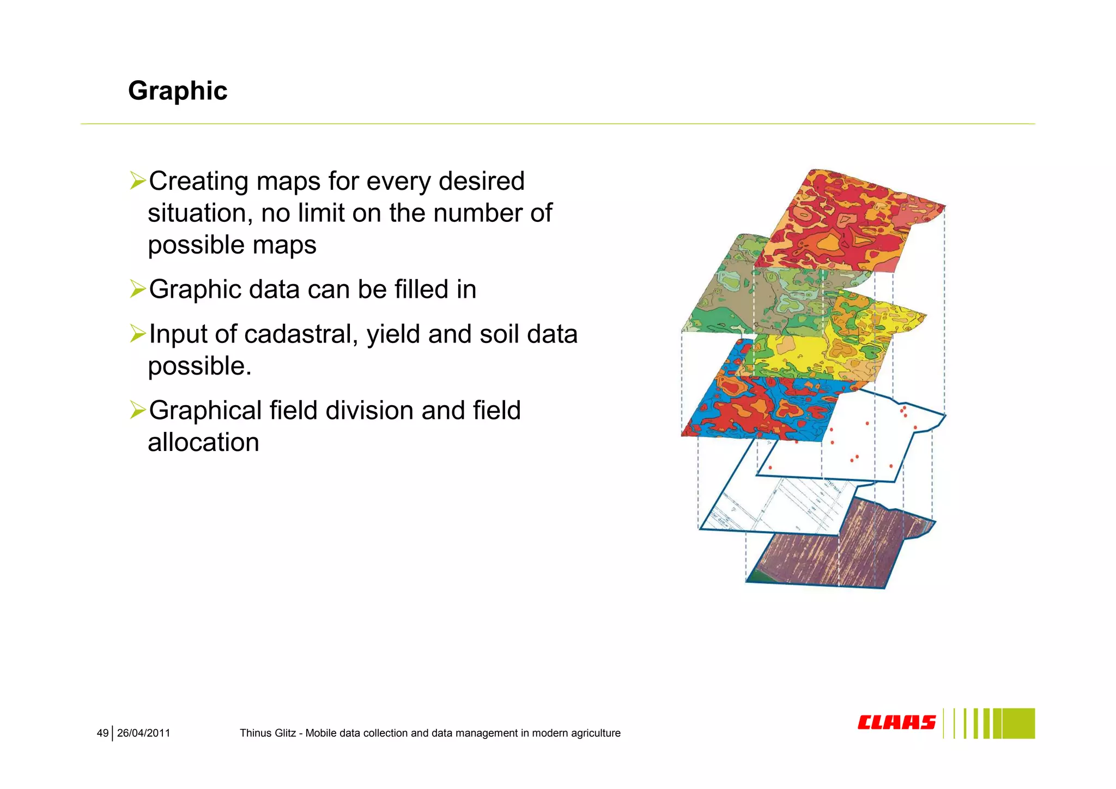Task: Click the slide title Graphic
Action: [x=178, y=91]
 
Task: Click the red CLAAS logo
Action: [x=896, y=722]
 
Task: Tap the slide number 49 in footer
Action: [x=102, y=733]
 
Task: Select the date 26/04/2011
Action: [x=143, y=733]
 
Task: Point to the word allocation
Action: [x=203, y=443]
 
